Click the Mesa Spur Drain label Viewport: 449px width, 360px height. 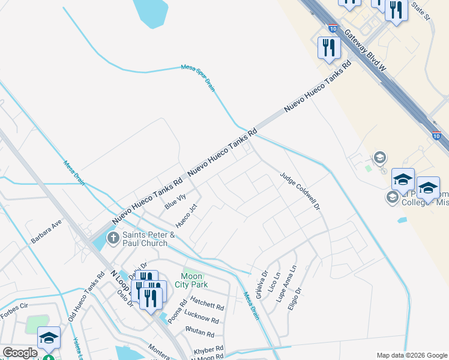click(198, 79)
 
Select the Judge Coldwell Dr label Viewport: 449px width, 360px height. click(301, 191)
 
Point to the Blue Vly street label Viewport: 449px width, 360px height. click(174, 202)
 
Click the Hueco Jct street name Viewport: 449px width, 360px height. click(186, 216)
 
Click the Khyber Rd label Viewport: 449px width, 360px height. click(208, 349)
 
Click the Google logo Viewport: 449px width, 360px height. click(20, 353)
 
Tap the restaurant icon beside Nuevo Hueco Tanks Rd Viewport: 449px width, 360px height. click(328, 47)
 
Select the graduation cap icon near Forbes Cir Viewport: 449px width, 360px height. click(49, 337)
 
